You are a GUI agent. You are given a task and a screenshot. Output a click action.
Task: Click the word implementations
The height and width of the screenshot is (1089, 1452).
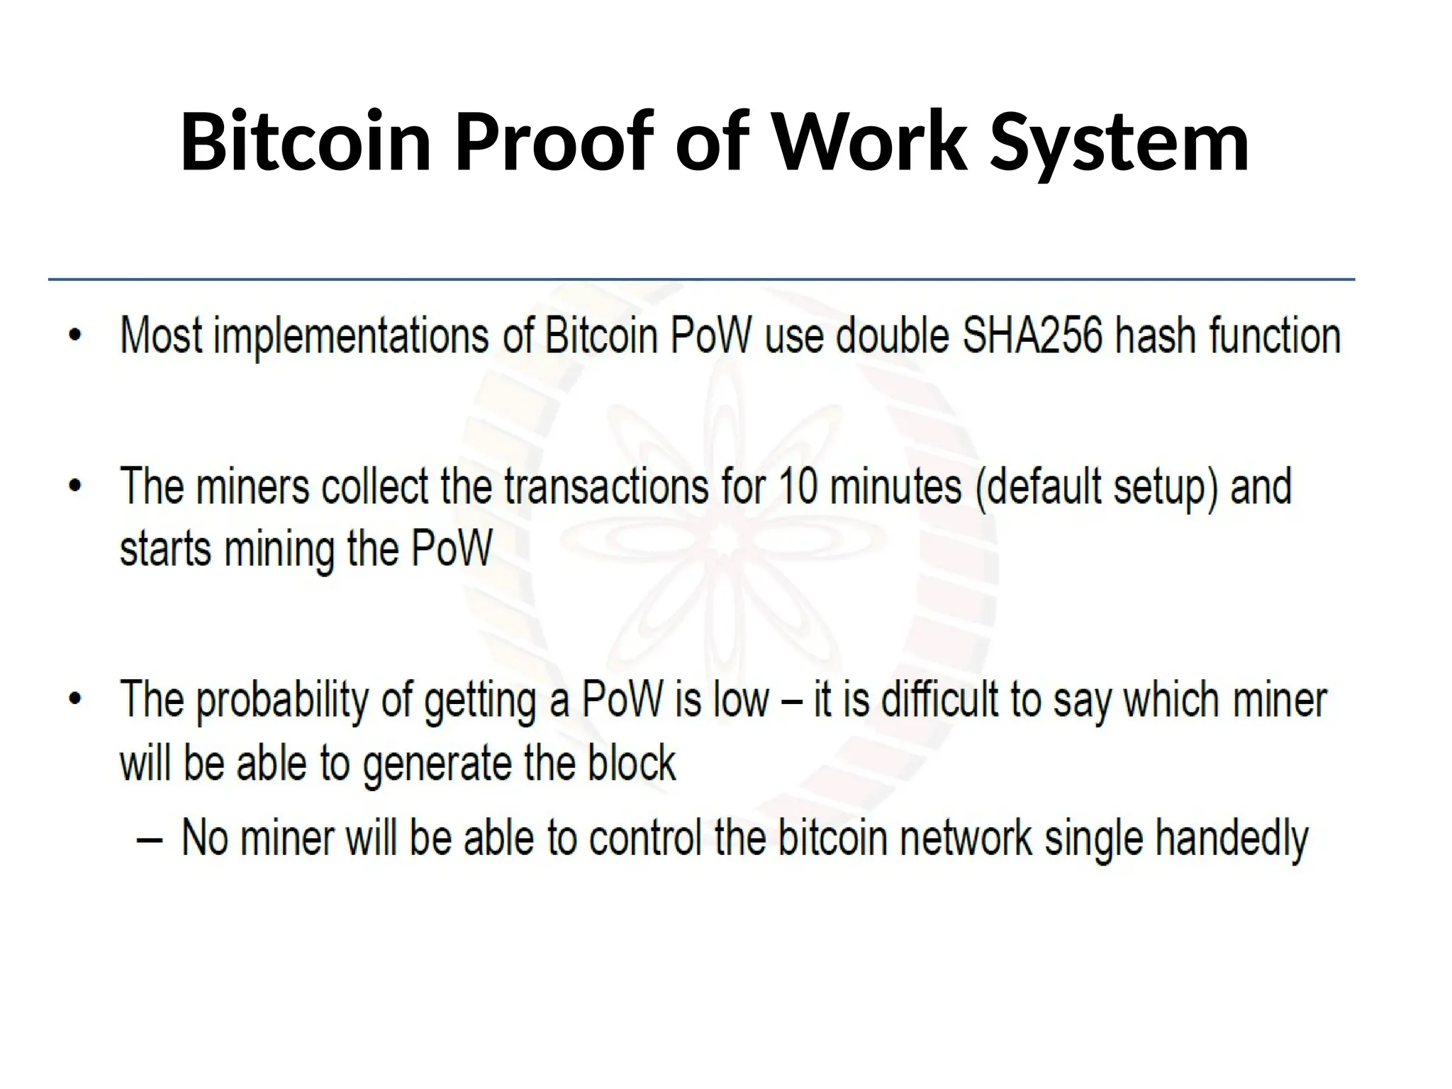point(351,336)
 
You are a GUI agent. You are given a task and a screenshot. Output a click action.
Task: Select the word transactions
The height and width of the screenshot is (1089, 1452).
point(606,486)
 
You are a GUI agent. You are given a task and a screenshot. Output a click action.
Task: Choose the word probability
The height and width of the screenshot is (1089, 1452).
point(282,700)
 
